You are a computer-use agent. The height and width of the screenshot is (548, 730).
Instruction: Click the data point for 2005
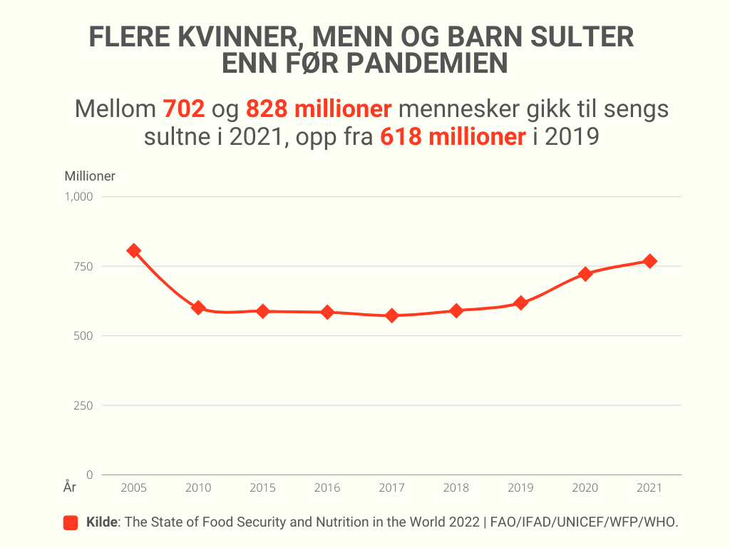pos(133,250)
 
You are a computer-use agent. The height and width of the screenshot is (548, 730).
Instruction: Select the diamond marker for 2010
pos(198,308)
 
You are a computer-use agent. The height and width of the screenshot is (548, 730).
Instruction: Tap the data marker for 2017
pos(391,315)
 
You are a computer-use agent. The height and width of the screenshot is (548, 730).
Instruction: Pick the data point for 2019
pos(520,303)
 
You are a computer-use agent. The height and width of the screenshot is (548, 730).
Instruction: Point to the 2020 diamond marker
pos(585,274)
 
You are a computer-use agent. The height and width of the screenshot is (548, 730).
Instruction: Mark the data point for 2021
pos(649,261)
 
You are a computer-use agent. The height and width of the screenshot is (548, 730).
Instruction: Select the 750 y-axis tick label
pos(83,266)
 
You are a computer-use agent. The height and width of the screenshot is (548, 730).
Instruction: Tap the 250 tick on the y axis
pos(83,405)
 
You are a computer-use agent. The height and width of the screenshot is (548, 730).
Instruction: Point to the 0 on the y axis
pos(89,475)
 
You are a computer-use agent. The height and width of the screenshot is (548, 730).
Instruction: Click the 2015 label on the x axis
pos(262,488)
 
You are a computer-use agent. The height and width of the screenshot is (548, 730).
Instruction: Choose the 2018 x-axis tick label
pos(456,488)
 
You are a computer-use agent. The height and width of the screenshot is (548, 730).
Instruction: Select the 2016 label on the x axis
pos(327,488)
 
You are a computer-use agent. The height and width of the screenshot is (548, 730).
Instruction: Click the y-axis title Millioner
pos(89,176)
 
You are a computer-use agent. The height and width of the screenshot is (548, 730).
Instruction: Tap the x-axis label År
pos(69,488)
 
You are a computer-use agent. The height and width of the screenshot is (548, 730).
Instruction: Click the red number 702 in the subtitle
pos(184,109)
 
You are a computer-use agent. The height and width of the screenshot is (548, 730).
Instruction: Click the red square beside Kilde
pos(71,522)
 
